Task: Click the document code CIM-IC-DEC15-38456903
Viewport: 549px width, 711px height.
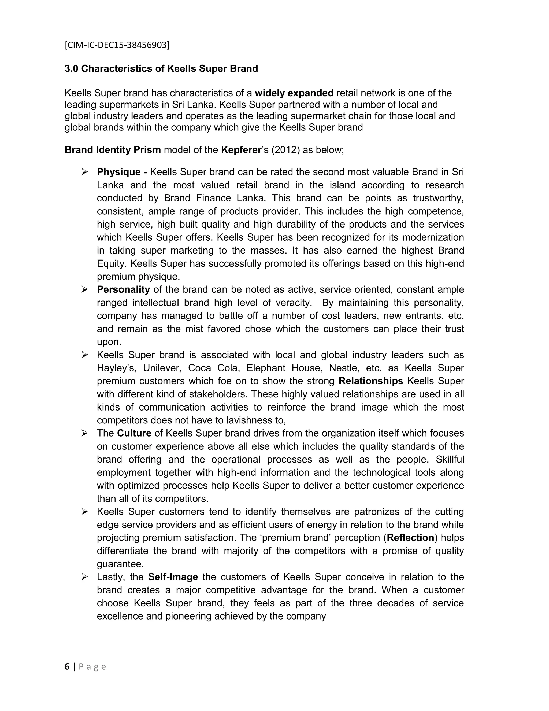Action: (x=117, y=45)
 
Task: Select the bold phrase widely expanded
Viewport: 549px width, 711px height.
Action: (x=294, y=93)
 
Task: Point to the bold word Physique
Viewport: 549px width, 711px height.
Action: (x=119, y=172)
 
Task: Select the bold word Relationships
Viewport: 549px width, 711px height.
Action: (x=371, y=381)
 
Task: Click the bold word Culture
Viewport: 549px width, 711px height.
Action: (x=134, y=433)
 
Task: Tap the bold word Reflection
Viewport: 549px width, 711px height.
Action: (x=410, y=538)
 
